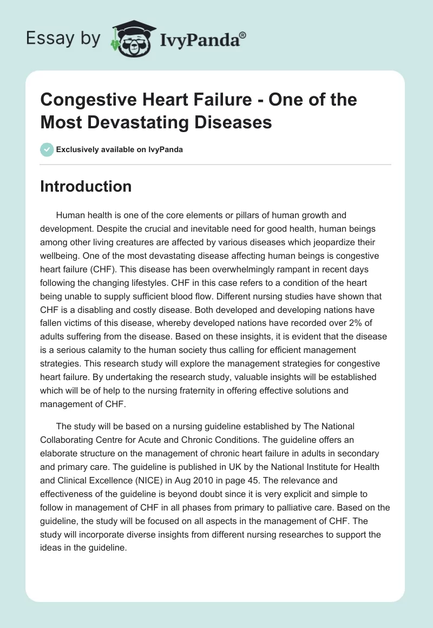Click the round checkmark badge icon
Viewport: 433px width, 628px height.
pos(47,150)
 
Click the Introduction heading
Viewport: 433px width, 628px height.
pos(86,186)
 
